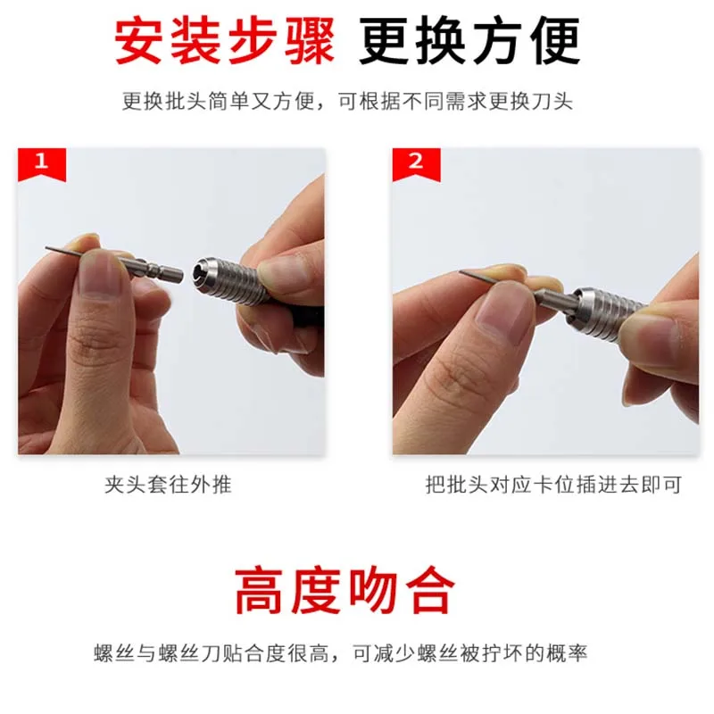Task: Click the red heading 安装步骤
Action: tap(225, 41)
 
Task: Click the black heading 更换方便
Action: tap(469, 41)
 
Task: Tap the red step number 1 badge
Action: tap(42, 163)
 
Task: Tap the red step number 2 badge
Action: tap(416, 163)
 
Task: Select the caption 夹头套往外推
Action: tap(168, 485)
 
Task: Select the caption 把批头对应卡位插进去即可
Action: tap(553, 485)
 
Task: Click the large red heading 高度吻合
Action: tap(345, 590)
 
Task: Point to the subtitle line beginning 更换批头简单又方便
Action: tap(347, 101)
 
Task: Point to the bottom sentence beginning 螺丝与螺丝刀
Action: tap(341, 653)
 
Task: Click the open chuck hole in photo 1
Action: tap(200, 270)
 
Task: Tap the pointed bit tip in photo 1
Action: tap(47, 249)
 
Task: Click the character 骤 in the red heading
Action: tap(309, 41)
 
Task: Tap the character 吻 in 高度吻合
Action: tap(372, 590)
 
